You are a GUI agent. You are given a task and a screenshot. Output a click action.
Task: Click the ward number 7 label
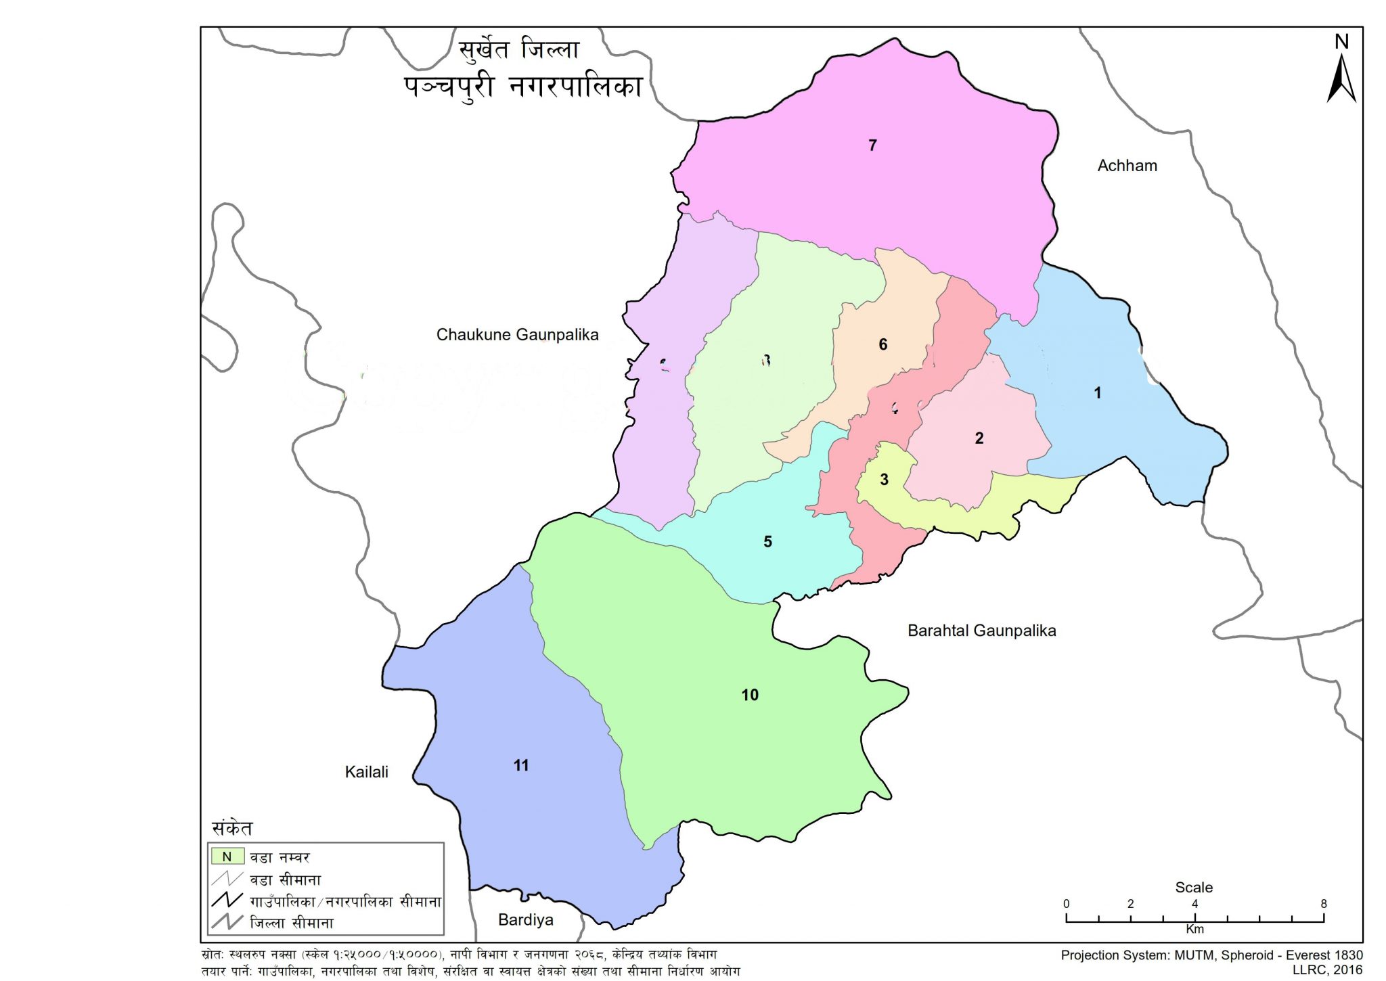click(872, 145)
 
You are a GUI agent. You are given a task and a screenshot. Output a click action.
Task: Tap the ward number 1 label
click(1097, 392)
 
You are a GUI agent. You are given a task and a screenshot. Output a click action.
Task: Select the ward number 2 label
click(979, 438)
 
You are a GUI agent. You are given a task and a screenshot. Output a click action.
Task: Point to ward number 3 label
click(884, 480)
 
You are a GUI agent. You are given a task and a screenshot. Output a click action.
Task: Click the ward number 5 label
click(767, 542)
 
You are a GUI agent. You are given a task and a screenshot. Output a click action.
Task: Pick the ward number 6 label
click(882, 344)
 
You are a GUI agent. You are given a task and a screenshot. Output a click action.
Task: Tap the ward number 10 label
click(750, 695)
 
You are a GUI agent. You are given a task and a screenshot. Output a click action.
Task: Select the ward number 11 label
click(520, 765)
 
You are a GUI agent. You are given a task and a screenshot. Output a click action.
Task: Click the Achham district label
click(1127, 166)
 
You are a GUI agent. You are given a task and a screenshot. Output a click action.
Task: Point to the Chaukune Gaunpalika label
click(517, 335)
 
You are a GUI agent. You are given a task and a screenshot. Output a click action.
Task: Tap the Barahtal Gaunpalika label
click(981, 631)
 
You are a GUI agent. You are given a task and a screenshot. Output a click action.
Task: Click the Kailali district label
click(366, 772)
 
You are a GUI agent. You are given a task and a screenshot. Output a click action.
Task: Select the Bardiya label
click(525, 920)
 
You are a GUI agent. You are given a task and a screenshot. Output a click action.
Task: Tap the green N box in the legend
click(227, 857)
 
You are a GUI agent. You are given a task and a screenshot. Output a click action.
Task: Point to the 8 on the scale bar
click(1323, 904)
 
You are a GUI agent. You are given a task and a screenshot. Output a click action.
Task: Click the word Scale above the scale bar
click(1193, 888)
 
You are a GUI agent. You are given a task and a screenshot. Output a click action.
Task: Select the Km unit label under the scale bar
click(1194, 930)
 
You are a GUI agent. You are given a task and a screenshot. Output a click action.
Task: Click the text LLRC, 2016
click(1327, 969)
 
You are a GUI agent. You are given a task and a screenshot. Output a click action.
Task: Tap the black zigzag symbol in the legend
click(227, 900)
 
